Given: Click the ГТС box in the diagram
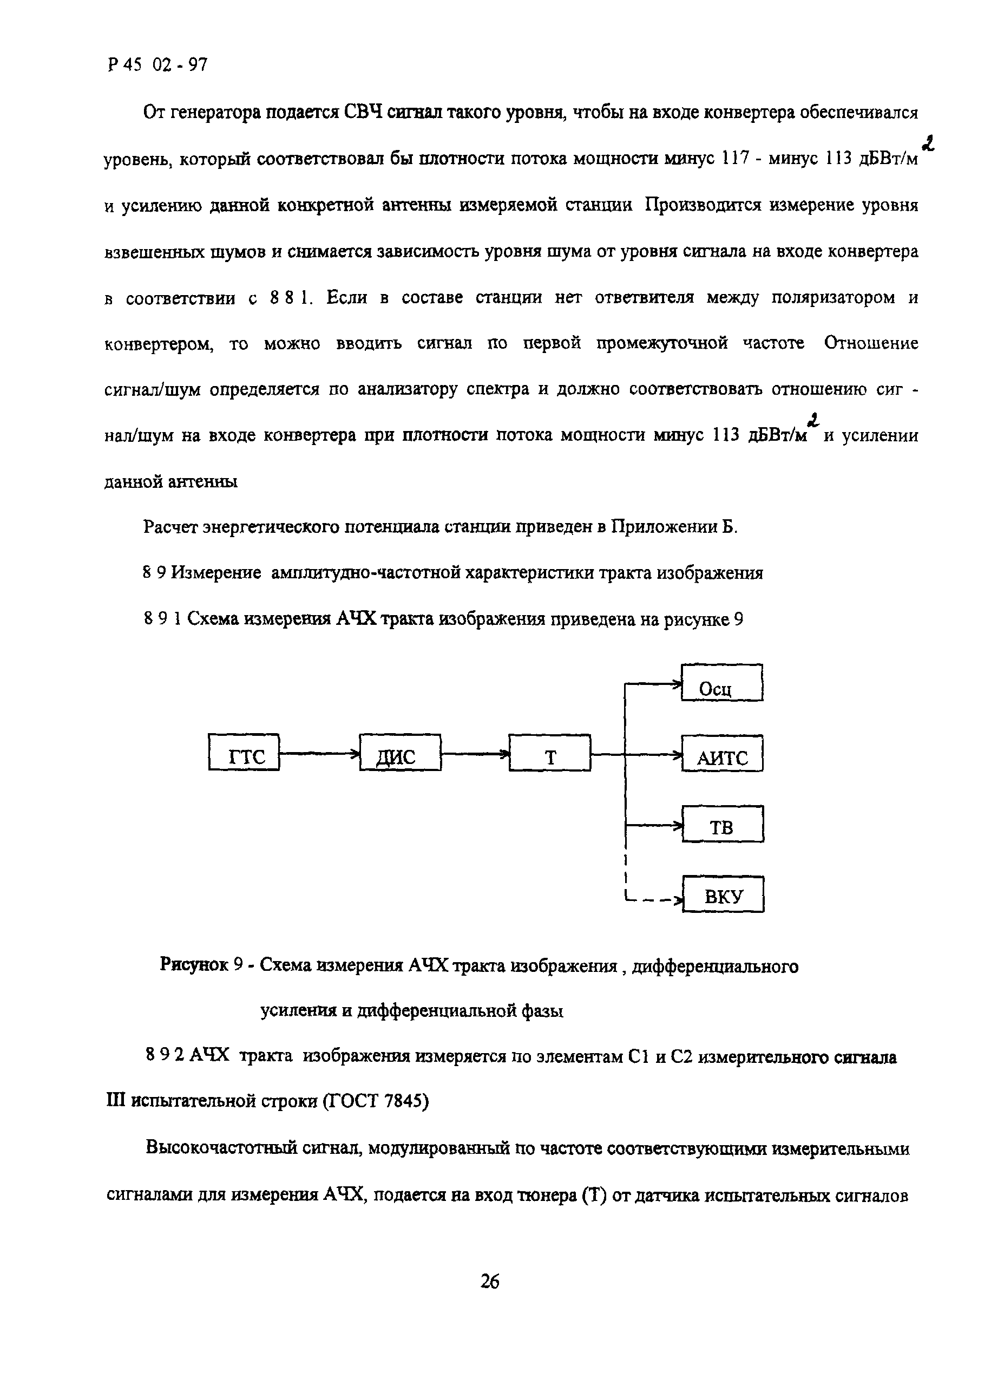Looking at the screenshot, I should pos(244,753).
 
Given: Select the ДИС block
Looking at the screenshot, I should pos(400,753).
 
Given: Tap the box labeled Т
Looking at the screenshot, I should pos(549,753).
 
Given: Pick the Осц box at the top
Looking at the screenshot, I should pos(721,683).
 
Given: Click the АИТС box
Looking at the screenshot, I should pos(721,753).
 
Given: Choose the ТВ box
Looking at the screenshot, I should pos(722,824).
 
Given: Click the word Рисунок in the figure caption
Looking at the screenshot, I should pos(194,965).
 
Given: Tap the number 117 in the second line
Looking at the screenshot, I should pos(732,159).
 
